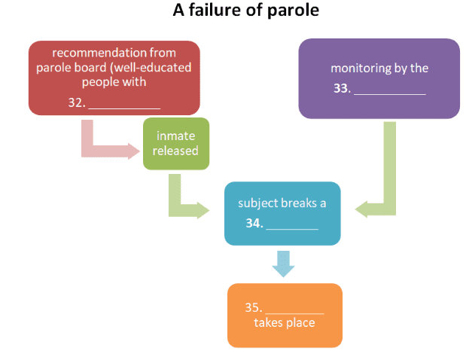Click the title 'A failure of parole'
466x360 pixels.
pyautogui.click(x=236, y=11)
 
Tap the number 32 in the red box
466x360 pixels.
pyautogui.click(x=75, y=102)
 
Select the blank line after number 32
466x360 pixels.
pyautogui.click(x=124, y=105)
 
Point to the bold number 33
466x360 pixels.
pyautogui.click(x=341, y=89)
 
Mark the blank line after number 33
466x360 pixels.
pyautogui.click(x=389, y=92)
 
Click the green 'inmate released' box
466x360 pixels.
pyautogui.click(x=175, y=143)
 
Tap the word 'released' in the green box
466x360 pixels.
pyautogui.click(x=175, y=151)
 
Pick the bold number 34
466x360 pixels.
pyautogui.click(x=253, y=224)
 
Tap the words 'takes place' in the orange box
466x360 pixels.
pyautogui.click(x=284, y=323)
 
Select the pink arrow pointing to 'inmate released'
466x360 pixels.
pyautogui.click(x=105, y=147)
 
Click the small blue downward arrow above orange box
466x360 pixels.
pyautogui.click(x=282, y=262)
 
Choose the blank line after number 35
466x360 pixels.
pyautogui.click(x=294, y=310)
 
